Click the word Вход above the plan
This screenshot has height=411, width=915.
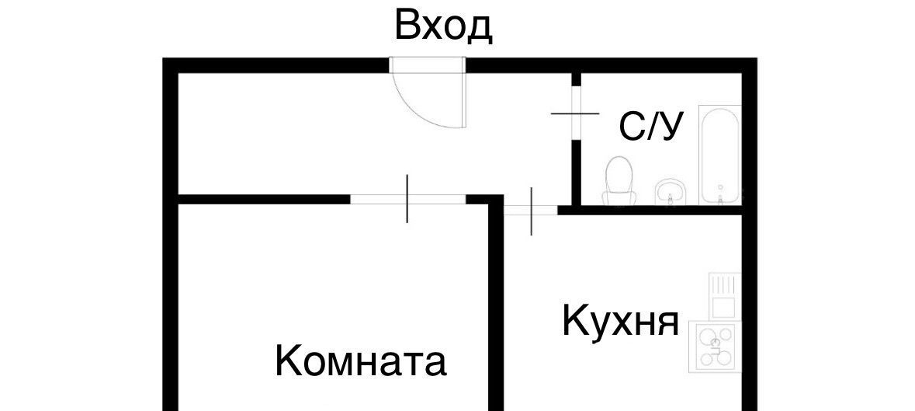tap(443, 26)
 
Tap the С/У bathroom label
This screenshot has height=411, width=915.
tap(652, 126)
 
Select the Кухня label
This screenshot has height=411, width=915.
tap(620, 321)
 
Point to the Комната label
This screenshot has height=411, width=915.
tap(361, 361)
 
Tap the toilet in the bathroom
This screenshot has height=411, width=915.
tap(619, 178)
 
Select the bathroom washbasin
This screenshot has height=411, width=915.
tap(671, 191)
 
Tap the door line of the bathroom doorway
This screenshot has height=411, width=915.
tap(575, 113)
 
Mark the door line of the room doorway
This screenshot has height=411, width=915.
tap(407, 199)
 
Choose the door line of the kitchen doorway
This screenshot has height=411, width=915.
tap(531, 211)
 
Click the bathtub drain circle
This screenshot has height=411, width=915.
tap(720, 187)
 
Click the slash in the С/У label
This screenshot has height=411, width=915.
tap(652, 126)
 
